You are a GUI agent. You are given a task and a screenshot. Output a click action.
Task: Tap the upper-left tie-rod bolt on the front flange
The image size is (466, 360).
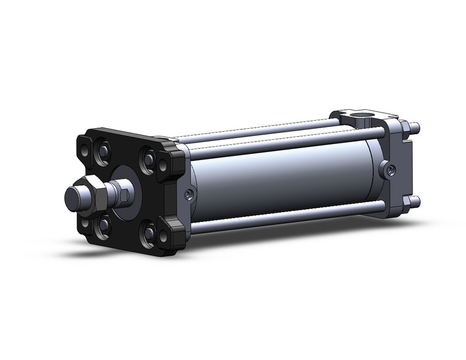click(x=103, y=150)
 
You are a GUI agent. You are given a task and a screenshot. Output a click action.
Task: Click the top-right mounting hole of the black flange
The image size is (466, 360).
click(x=163, y=165)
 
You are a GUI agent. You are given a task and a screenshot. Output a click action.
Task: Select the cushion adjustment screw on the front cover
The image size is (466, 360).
click(x=188, y=194)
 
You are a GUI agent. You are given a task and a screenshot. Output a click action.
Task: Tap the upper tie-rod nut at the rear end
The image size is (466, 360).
click(x=416, y=128)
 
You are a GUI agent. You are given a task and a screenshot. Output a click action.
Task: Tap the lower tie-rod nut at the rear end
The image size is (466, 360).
click(x=415, y=201)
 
